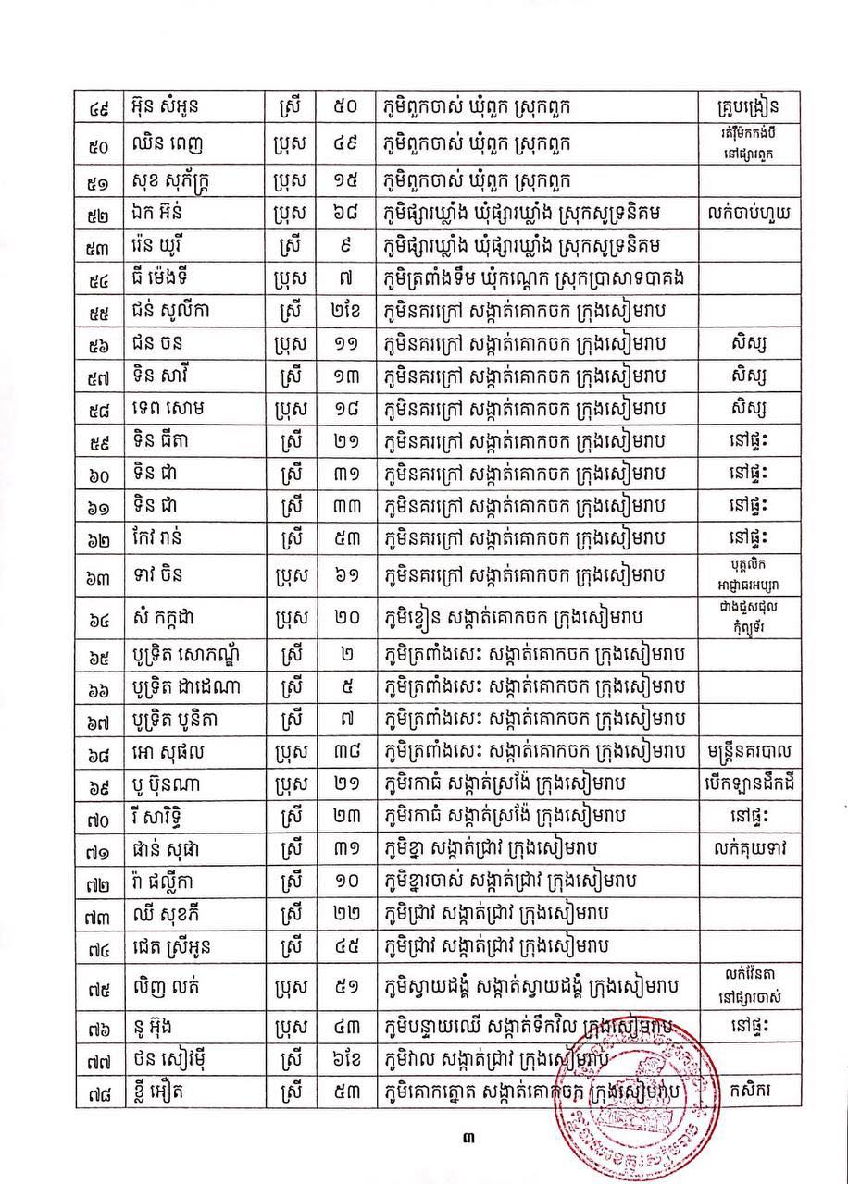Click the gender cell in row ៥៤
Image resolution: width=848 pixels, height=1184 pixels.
tap(290, 278)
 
